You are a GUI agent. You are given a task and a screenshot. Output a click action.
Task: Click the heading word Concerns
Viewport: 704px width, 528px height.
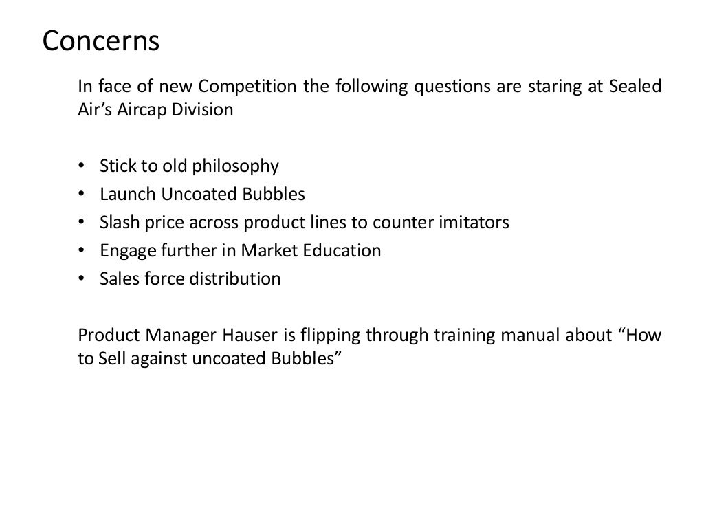(x=101, y=41)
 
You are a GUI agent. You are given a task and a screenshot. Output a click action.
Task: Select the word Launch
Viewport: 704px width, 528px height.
(x=129, y=195)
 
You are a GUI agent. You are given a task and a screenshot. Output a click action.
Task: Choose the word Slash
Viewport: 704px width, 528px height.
(x=118, y=223)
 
